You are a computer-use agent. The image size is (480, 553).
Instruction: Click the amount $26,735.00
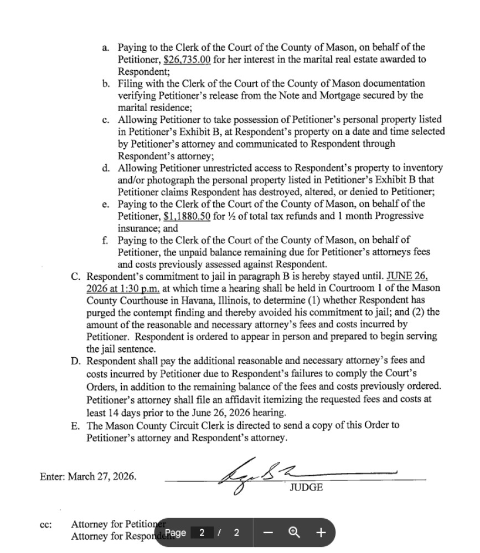[187, 60]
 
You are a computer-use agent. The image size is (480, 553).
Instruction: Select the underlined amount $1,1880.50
[187, 216]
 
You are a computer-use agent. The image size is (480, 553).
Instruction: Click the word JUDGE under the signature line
[306, 488]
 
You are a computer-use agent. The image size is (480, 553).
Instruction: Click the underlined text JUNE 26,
[407, 276]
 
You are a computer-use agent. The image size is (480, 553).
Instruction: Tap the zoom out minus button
[269, 533]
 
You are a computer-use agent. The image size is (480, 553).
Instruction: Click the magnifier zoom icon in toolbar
[295, 533]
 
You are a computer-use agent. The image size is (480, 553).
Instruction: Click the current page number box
[202, 533]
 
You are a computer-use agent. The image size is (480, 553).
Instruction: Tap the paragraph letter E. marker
[75, 426]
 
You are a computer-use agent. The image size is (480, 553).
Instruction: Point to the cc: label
[46, 524]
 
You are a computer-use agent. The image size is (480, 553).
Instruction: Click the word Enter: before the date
[53, 476]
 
